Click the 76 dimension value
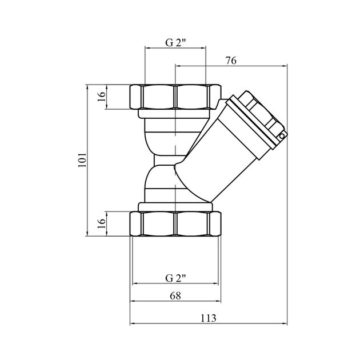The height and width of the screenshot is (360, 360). tap(231, 61)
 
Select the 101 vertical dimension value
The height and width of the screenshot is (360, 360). tap(82, 160)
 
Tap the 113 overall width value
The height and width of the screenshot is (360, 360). tap(209, 318)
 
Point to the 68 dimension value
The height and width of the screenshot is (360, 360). tap(175, 296)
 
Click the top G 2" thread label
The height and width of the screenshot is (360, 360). tap(175, 43)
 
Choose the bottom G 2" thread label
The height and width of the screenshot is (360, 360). tap(175, 278)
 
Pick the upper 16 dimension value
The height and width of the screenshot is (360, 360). tap(101, 97)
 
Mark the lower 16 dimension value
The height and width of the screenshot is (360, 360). tap(101, 223)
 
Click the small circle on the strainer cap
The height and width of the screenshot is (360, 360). tap(282, 137)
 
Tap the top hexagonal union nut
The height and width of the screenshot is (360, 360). tap(175, 97)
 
